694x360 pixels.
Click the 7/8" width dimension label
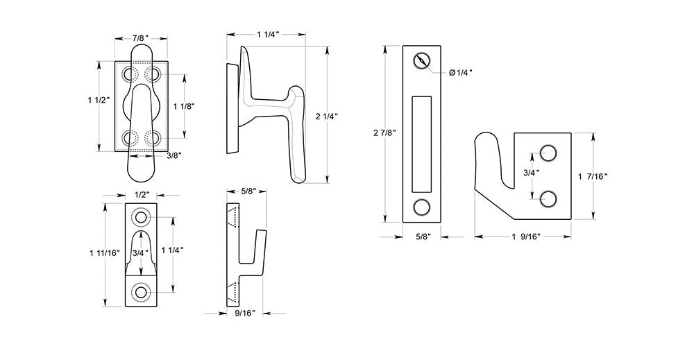coord(141,38)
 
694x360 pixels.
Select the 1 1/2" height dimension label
coord(99,101)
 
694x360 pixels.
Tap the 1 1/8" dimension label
coord(184,106)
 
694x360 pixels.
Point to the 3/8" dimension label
coord(173,155)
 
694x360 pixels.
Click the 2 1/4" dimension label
coord(327,117)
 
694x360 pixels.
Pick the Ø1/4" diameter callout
coord(460,73)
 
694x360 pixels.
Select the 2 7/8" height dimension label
coord(384,132)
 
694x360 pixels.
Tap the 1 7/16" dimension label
coord(593,176)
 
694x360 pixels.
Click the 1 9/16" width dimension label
coord(527,237)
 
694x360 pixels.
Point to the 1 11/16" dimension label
coord(105,253)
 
